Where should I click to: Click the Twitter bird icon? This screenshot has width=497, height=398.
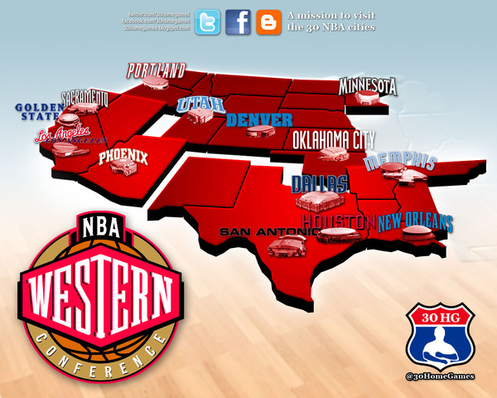coord(208,22)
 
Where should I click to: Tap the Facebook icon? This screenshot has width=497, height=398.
coord(238,22)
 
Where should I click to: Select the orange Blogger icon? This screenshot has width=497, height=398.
coord(268,22)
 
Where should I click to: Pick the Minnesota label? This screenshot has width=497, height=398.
coord(368,85)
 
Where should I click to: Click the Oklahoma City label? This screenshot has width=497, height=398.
coord(335,138)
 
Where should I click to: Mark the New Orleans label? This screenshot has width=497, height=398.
coord(416,222)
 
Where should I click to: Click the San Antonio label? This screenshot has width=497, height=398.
coord(263,232)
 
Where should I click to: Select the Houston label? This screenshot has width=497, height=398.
coord(335,222)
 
